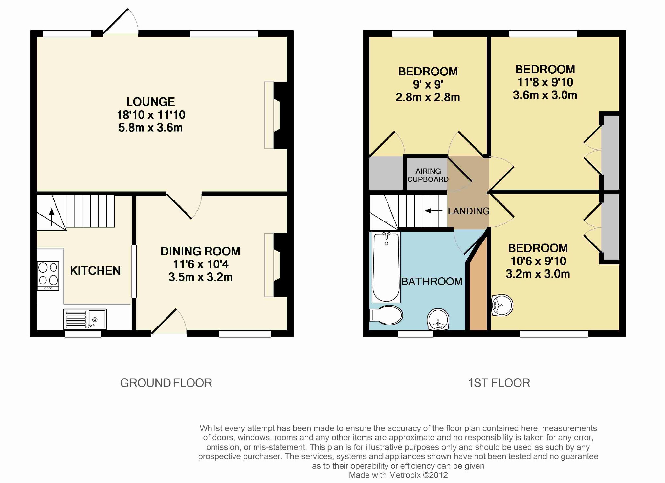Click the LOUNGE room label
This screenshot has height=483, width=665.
click(x=151, y=102)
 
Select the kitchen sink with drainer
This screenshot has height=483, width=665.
click(x=85, y=319)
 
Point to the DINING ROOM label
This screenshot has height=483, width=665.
click(x=200, y=251)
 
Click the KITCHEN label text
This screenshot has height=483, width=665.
click(x=95, y=271)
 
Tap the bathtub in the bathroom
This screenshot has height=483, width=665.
click(x=386, y=267)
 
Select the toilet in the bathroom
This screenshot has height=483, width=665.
click(x=386, y=315)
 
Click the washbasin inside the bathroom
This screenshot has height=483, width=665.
click(x=438, y=319)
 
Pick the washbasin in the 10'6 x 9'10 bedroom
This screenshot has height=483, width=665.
click(x=502, y=305)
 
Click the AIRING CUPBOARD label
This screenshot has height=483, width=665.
click(x=428, y=175)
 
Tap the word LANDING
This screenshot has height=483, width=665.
click(x=469, y=211)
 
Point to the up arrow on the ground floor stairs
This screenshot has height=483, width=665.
click(x=52, y=217)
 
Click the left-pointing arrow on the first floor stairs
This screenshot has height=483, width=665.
click(x=433, y=211)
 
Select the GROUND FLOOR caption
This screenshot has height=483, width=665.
click(x=166, y=383)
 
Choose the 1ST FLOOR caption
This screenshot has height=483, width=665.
click(x=499, y=383)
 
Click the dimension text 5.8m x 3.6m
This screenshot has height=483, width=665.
click(x=150, y=128)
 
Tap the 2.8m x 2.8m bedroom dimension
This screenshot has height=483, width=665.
click(x=428, y=97)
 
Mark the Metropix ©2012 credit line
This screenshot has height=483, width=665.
click(x=398, y=475)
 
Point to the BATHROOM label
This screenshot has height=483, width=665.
click(x=432, y=282)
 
